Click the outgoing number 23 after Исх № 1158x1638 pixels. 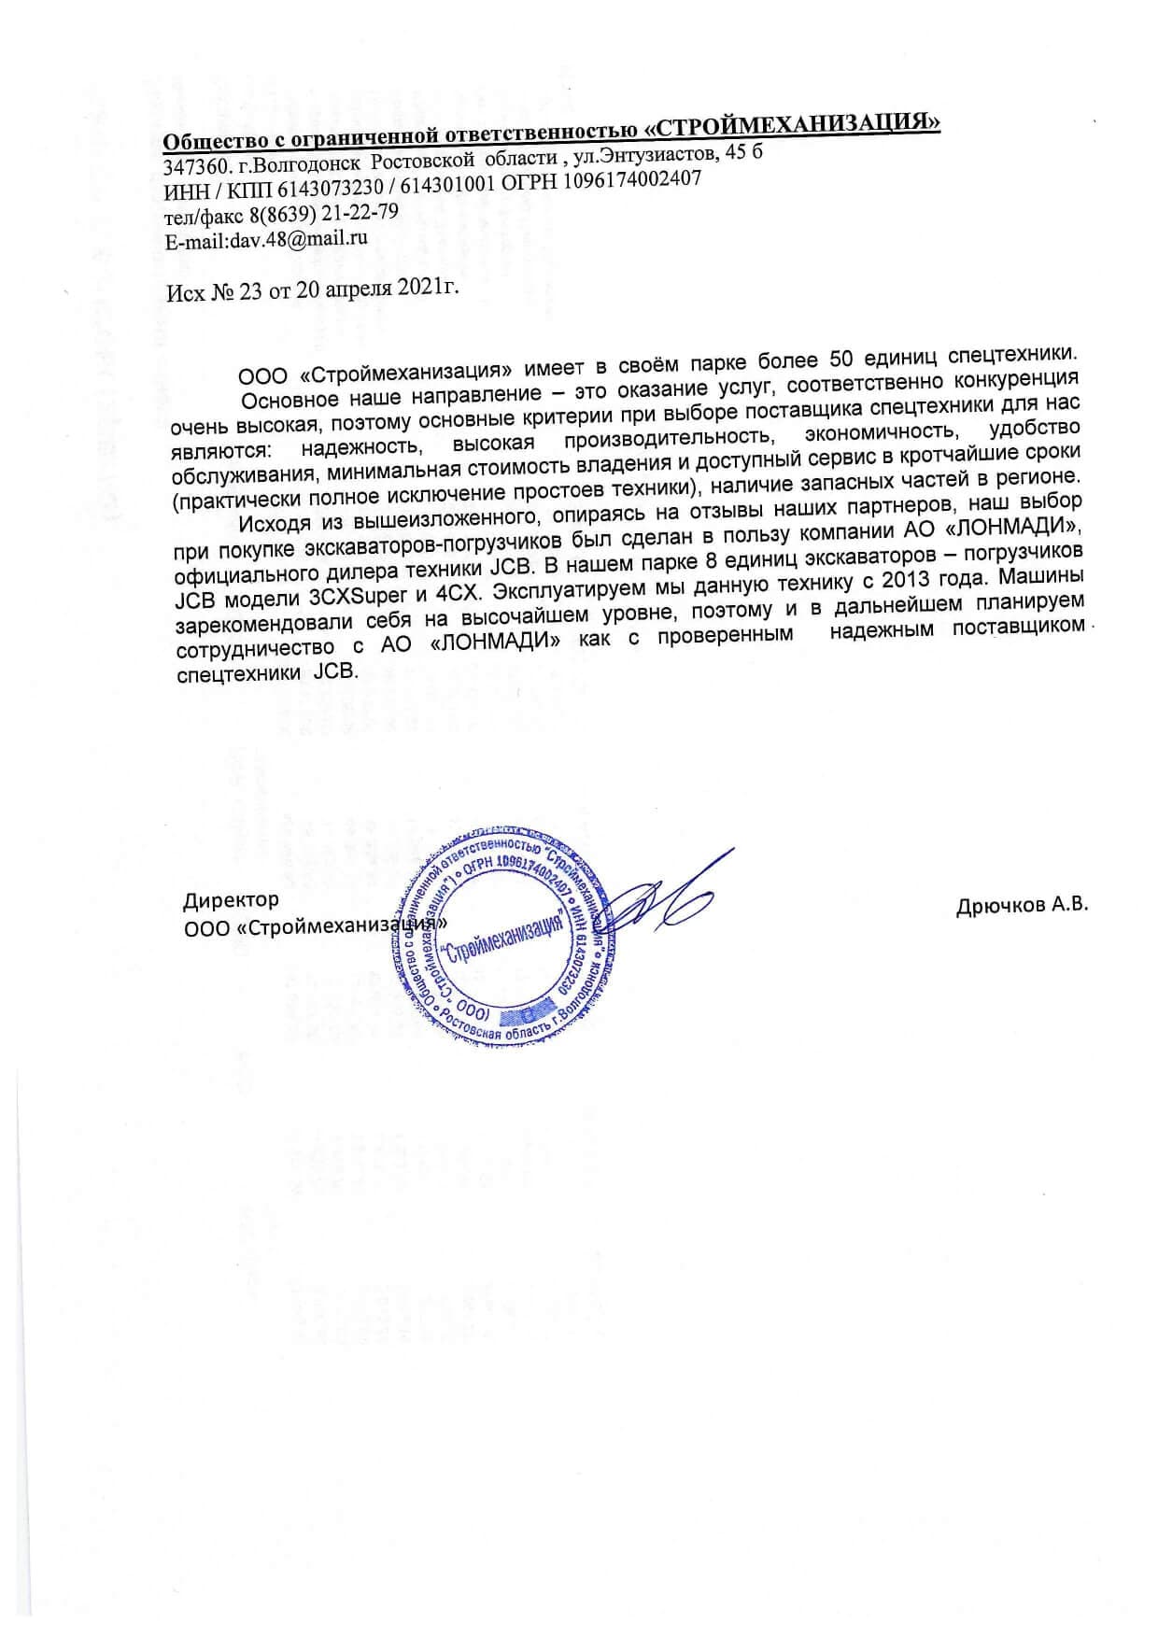tap(251, 291)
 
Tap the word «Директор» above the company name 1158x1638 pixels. tap(231, 899)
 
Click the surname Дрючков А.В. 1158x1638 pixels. tap(1022, 906)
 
